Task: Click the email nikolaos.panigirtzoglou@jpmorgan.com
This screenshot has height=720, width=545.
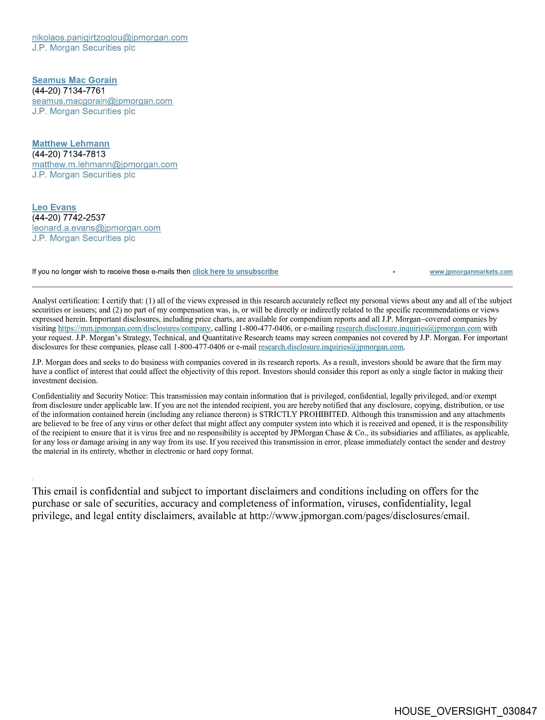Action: [110, 38]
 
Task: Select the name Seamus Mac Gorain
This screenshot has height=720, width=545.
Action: [75, 80]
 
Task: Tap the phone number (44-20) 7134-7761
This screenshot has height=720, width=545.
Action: [69, 91]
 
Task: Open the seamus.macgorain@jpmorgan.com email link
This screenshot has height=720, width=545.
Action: [102, 101]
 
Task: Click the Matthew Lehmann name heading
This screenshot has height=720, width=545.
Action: [71, 144]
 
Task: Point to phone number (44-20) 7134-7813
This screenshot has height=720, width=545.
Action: [69, 154]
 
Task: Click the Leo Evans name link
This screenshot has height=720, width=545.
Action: [54, 207]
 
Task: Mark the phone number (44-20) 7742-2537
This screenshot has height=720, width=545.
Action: [69, 218]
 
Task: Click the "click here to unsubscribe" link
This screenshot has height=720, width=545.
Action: [235, 272]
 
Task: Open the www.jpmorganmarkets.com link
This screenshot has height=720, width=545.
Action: [471, 272]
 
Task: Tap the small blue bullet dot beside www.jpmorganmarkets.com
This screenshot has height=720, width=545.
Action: [394, 272]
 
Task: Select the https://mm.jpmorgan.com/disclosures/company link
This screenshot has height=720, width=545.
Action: [134, 328]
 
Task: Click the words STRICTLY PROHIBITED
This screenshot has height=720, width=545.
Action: [303, 415]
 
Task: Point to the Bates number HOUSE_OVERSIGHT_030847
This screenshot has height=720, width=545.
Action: [465, 711]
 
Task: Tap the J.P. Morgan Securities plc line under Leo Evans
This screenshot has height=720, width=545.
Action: [84, 238]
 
